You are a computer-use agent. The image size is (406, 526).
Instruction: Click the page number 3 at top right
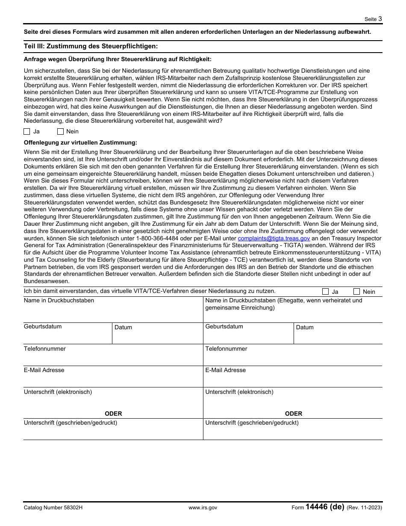tap(380, 19)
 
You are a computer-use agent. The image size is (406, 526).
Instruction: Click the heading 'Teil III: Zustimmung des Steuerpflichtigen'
tap(91, 46)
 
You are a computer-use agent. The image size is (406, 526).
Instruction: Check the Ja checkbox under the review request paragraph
tap(27, 132)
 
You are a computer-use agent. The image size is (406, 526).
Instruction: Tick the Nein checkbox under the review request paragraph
tap(60, 132)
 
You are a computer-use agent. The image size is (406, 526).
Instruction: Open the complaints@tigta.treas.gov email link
tap(274, 239)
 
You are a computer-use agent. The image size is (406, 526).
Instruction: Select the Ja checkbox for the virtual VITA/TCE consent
tap(326, 292)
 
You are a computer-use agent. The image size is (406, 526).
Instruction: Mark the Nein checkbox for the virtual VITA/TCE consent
tap(357, 292)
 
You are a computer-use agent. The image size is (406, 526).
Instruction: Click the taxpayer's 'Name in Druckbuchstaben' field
tap(113, 312)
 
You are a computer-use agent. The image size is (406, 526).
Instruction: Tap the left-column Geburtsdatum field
tap(68, 336)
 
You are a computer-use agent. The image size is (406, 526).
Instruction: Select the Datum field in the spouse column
tap(338, 336)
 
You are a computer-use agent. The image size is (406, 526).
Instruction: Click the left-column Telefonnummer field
tap(113, 358)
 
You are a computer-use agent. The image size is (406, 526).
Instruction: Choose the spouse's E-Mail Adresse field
tap(292, 379)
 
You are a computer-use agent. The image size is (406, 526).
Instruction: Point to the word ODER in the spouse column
tap(294, 414)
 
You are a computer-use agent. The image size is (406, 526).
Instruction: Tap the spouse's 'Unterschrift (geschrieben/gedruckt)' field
tap(292, 431)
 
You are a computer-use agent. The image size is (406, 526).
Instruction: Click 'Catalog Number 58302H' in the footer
tap(53, 508)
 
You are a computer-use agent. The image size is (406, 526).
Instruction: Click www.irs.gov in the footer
tap(203, 508)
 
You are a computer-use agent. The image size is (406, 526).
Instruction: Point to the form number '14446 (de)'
tap(325, 507)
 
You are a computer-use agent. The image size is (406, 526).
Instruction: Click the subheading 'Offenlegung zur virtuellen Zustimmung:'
tap(80, 142)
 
